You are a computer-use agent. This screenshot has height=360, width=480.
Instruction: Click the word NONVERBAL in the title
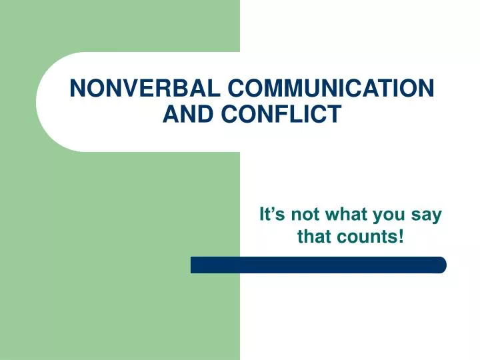(145, 88)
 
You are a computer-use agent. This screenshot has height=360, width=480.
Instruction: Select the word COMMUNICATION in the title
(331, 88)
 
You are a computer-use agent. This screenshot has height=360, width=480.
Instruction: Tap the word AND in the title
(188, 113)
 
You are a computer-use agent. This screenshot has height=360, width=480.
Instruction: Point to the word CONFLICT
(281, 113)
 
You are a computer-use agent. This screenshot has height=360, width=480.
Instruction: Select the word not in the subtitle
(305, 214)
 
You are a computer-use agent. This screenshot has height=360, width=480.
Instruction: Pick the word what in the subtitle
(347, 214)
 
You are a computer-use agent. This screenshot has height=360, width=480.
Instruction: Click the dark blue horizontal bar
(319, 265)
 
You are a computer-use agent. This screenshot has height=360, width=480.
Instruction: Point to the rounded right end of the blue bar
(443, 265)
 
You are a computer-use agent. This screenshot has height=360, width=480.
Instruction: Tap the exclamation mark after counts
(401, 236)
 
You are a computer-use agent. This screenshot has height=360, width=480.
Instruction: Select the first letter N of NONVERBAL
(77, 88)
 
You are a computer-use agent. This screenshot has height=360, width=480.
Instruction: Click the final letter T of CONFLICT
(334, 113)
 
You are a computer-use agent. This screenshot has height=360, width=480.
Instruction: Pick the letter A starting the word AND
(171, 113)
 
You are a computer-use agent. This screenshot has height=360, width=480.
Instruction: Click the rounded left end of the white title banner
(37, 102)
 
